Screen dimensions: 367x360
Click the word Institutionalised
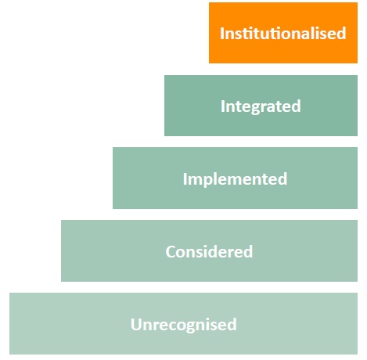point(283,33)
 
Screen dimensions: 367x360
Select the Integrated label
point(261,106)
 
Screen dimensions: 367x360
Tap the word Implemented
point(235,179)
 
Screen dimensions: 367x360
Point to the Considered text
point(209,251)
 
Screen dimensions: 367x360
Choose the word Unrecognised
point(184,325)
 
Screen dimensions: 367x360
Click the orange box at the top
point(283,33)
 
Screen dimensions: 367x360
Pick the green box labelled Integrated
point(261,106)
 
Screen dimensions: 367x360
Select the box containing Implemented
point(235,178)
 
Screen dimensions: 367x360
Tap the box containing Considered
point(209,250)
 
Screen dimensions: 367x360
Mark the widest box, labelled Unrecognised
point(183,323)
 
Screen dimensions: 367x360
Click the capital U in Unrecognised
point(136,324)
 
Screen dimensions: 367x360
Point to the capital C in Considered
point(171,251)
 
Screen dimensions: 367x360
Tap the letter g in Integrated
point(250,108)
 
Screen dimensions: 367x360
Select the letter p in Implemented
point(209,181)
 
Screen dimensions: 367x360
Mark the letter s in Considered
point(200,254)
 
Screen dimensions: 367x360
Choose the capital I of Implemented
point(185,178)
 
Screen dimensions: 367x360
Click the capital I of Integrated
point(222,106)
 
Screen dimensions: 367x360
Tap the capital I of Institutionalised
point(221,34)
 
